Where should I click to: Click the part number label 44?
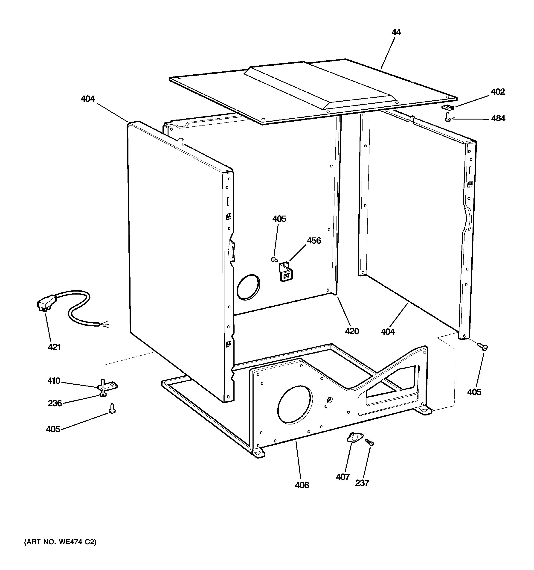(396, 32)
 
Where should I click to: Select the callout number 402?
(498, 92)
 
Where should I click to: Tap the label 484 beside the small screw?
(498, 118)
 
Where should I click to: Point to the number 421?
(54, 347)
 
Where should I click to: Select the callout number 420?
(352, 331)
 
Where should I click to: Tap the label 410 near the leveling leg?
(54, 381)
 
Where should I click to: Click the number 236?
(55, 403)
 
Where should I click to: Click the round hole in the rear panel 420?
(249, 287)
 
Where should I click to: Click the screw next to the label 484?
(447, 117)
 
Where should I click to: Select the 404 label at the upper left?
(88, 99)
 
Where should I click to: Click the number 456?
(314, 241)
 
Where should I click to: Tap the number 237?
(362, 483)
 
